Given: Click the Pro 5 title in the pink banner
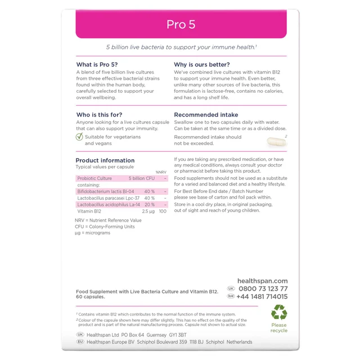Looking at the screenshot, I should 180,24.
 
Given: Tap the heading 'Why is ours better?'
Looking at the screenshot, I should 204,65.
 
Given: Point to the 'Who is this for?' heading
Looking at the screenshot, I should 99,115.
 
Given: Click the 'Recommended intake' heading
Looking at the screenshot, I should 206,115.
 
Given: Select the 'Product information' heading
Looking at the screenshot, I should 105,160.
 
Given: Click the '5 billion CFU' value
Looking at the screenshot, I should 141,178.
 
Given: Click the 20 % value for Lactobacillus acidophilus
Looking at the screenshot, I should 149,205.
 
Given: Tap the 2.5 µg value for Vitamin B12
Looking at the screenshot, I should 148,211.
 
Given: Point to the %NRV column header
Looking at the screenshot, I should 161,172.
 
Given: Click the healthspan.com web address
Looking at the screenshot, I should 262,281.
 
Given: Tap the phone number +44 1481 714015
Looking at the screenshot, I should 262,296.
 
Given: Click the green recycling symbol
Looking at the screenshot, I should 278,313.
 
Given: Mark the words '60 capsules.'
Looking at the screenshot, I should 90,297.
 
